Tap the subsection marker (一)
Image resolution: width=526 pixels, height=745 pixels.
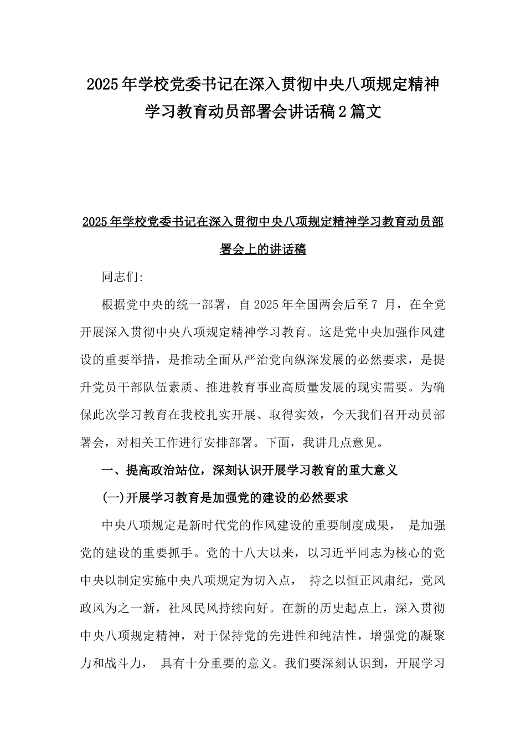click(114, 498)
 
